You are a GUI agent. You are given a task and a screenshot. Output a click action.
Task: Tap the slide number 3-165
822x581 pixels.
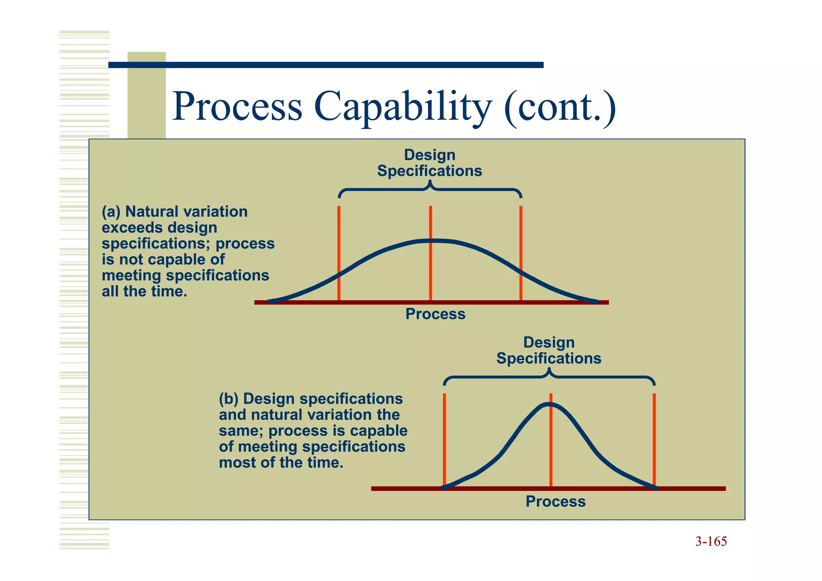711,542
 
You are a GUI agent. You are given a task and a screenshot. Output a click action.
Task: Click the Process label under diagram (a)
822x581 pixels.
435,314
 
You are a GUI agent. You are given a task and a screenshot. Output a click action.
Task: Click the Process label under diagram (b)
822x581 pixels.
555,501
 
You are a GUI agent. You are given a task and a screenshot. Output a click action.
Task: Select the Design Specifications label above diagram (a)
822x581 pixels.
429,163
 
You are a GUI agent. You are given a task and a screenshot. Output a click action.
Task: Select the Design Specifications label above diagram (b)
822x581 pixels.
549,351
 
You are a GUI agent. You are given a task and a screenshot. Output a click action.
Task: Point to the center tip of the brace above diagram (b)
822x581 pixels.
549,371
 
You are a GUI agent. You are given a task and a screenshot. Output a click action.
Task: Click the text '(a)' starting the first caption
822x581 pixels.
111,212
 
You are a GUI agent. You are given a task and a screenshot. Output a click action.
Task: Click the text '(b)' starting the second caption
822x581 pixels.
228,399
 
